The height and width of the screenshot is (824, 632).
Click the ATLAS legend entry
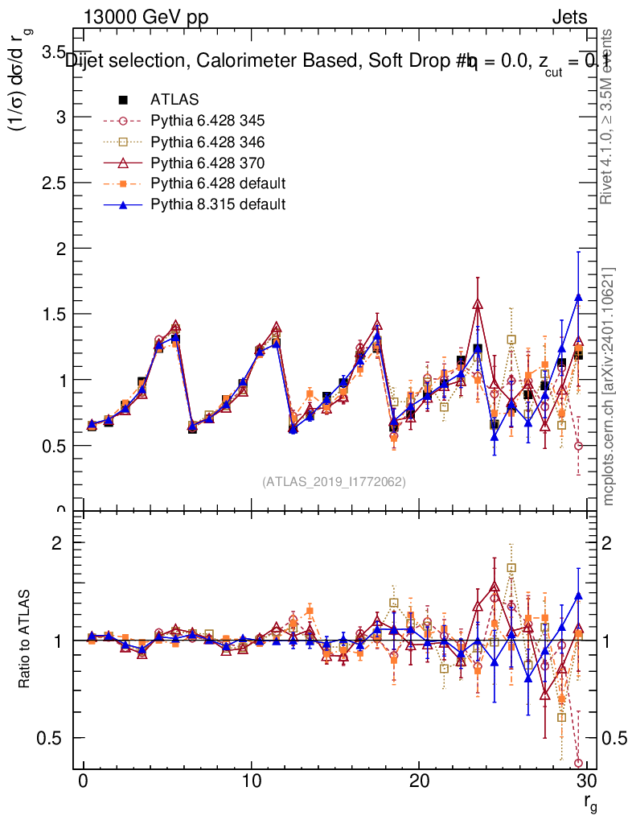(174, 100)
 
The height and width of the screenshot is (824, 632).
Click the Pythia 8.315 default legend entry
(218, 204)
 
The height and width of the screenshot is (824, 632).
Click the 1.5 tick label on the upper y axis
(53, 314)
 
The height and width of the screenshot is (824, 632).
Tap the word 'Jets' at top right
(569, 17)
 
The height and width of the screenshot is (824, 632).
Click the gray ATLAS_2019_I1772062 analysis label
(334, 481)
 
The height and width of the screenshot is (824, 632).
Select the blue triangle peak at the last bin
(578, 298)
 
